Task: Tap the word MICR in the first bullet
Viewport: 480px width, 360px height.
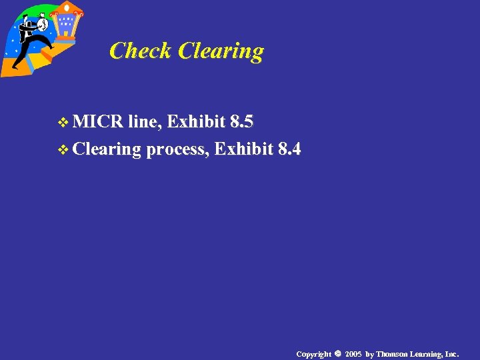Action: click(x=98, y=122)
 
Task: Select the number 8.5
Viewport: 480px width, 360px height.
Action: click(x=241, y=122)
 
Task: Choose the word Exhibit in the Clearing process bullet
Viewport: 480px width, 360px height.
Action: click(x=243, y=149)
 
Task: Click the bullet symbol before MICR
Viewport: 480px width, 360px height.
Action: click(x=64, y=123)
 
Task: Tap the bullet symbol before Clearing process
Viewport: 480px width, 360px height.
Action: click(x=64, y=149)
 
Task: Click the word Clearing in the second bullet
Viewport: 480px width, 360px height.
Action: click(x=107, y=149)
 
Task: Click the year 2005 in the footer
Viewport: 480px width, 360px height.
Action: click(x=353, y=353)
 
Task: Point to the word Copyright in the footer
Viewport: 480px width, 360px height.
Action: click(x=313, y=353)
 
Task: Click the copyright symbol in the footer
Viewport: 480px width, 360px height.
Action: click(x=338, y=353)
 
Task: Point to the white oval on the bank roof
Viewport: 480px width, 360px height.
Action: click(x=67, y=7)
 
